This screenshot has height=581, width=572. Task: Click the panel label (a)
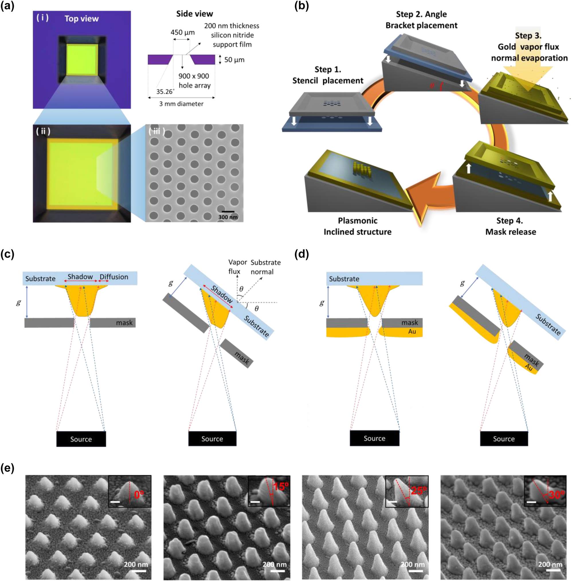click(7, 6)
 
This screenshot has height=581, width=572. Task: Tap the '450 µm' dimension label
click(183, 32)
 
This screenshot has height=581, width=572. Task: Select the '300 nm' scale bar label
click(228, 217)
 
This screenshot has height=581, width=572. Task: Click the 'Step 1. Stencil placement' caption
click(328, 75)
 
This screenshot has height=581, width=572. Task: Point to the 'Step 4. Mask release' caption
click(510, 226)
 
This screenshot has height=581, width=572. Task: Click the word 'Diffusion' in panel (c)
click(114, 277)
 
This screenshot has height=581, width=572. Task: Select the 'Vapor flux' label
click(237, 267)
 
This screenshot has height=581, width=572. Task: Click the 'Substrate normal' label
click(266, 267)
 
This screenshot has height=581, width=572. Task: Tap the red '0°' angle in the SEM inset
click(138, 494)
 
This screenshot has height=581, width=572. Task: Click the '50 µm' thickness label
click(234, 60)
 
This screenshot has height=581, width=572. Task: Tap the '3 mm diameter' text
click(181, 104)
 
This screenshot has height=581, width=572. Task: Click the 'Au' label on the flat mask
click(412, 332)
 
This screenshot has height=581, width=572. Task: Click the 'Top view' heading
click(81, 19)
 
